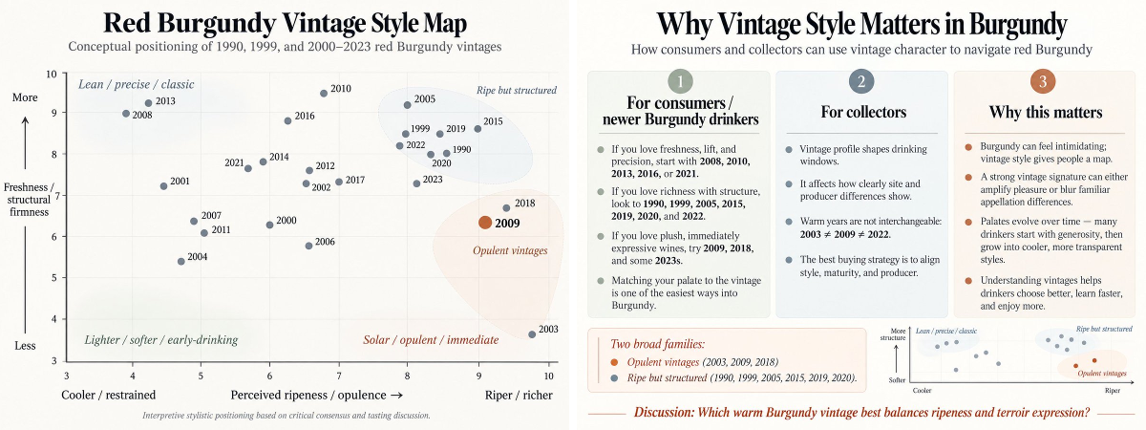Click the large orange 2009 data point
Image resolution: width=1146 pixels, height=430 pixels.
click(485, 223)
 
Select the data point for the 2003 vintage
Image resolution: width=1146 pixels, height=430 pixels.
click(532, 334)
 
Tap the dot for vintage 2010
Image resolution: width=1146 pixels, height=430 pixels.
click(324, 94)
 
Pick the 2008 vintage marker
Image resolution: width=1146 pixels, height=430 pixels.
click(126, 114)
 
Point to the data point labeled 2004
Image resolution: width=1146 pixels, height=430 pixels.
click(181, 262)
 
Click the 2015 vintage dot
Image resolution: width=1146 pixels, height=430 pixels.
click(477, 129)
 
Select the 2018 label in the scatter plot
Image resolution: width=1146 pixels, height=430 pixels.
click(525, 204)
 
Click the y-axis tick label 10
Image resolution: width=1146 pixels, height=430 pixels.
click(52, 74)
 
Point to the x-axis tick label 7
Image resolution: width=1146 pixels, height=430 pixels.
click(339, 376)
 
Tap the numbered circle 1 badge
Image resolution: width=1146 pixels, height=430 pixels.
click(680, 81)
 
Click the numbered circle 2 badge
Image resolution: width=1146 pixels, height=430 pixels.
click(861, 81)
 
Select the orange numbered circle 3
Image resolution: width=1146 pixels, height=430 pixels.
click(1043, 81)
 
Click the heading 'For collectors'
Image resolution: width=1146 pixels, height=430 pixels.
click(863, 112)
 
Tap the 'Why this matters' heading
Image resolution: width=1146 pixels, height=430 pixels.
click(1046, 112)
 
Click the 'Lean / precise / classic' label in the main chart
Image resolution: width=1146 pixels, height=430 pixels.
click(136, 84)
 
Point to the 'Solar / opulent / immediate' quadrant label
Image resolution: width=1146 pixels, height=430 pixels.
click(431, 340)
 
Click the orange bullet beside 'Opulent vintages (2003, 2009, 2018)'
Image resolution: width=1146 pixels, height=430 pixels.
click(614, 362)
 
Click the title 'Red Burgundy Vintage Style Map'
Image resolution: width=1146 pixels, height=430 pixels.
click(285, 23)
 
